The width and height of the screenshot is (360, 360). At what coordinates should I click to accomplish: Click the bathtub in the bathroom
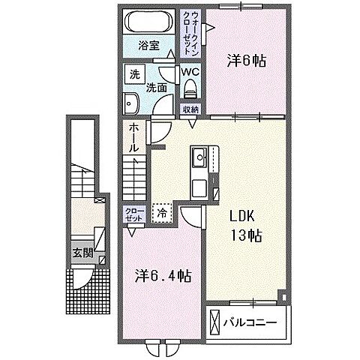point(150,21)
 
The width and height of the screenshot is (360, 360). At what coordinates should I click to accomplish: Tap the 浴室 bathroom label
point(149,46)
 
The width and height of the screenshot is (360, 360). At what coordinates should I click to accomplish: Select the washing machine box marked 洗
point(135,74)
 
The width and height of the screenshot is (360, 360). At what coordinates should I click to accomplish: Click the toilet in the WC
point(190,88)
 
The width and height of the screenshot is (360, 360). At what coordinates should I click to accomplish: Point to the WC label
point(190,72)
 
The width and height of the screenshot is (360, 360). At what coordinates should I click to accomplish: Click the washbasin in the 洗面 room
point(131,103)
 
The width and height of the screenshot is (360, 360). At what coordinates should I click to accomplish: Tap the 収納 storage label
point(190,109)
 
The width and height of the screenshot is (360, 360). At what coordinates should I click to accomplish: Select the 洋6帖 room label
point(246,61)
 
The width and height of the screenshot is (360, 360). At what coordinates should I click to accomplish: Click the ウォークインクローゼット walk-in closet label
point(190,33)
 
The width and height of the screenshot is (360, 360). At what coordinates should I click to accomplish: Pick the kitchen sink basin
point(199,157)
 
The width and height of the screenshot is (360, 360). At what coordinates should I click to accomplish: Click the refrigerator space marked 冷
point(162,213)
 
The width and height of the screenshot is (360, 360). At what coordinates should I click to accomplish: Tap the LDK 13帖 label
point(246,226)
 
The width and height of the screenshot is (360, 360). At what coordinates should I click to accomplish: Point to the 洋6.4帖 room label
point(163,276)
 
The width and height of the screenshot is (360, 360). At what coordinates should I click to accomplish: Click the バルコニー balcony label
point(250,322)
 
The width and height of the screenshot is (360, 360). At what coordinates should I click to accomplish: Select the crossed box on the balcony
point(214,322)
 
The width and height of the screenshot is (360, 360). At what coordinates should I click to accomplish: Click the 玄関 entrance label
point(82,253)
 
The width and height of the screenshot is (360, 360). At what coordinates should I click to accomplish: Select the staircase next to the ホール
point(134,178)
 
